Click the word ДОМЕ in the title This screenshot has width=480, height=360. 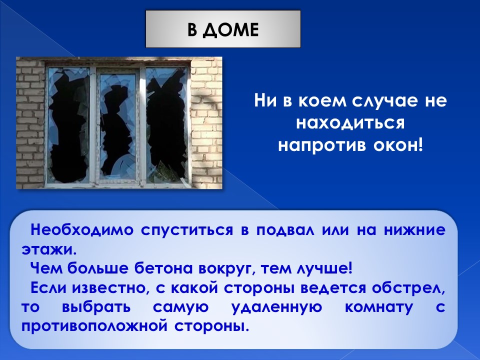pyautogui.click(x=231, y=30)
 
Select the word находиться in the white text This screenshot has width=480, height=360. pyautogui.click(x=350, y=123)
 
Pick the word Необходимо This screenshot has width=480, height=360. pyautogui.click(x=82, y=229)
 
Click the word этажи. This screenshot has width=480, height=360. pyautogui.click(x=48, y=250)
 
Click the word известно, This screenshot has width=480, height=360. pyautogui.click(x=110, y=288)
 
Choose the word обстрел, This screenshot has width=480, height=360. pyautogui.click(x=408, y=288)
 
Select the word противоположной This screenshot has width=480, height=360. pyautogui.click(x=94, y=326)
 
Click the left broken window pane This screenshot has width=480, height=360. pyautogui.click(x=69, y=125)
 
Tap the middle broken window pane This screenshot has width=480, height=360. pyautogui.click(x=118, y=125)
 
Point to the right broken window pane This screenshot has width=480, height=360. pyautogui.click(x=167, y=125)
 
